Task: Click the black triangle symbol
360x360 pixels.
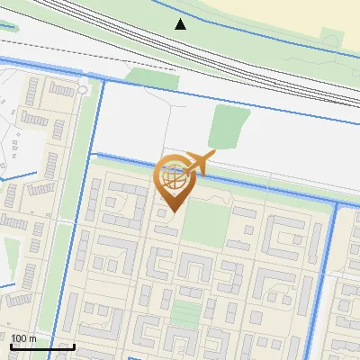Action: point(181,23)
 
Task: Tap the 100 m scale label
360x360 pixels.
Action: point(23,337)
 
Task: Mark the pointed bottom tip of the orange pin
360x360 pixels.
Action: point(173,211)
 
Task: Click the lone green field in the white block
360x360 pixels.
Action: point(228,126)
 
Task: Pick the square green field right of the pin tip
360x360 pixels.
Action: point(205,221)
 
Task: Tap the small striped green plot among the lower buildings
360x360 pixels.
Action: point(185,314)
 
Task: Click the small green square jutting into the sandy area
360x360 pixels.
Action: point(331,39)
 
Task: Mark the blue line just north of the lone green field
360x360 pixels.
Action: point(225,98)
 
